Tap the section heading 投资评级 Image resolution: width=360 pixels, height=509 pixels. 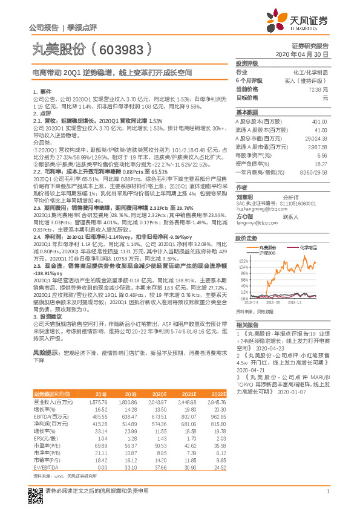click(247, 63)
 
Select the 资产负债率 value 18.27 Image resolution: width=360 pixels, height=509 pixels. click(321, 163)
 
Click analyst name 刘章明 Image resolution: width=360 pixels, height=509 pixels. click(244, 197)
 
